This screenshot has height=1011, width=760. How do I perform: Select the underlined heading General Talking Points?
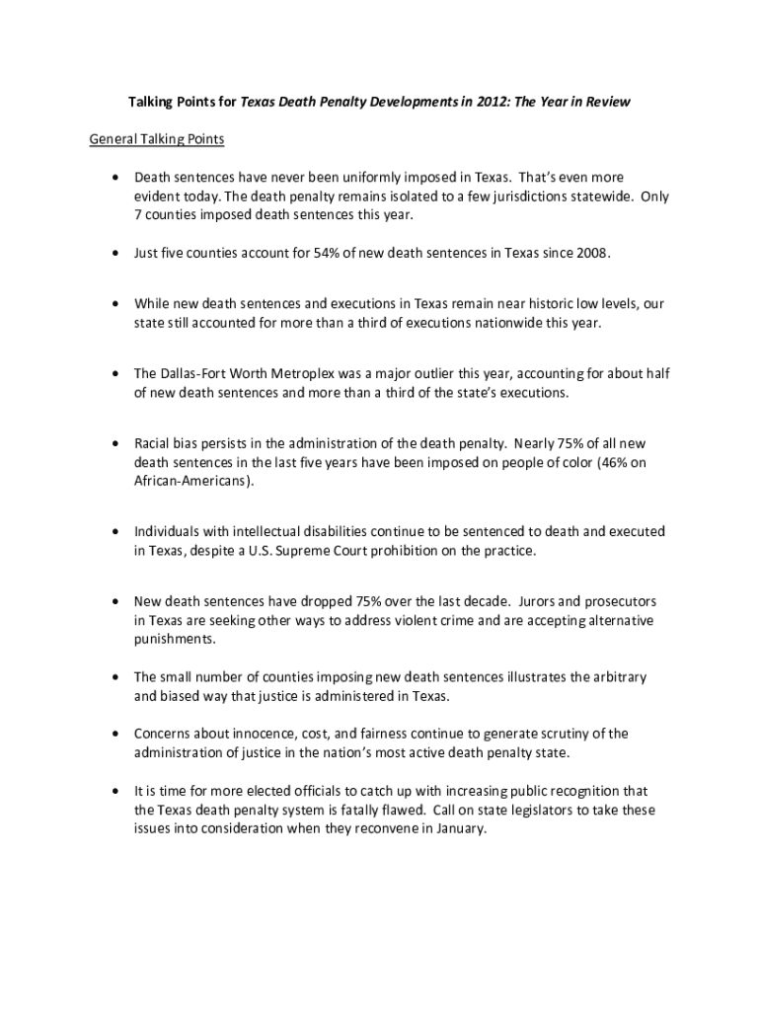point(157,139)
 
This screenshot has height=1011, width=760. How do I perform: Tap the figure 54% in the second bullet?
point(327,254)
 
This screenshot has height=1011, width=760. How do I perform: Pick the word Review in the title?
point(608,102)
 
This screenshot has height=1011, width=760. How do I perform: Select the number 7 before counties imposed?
point(138,215)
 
